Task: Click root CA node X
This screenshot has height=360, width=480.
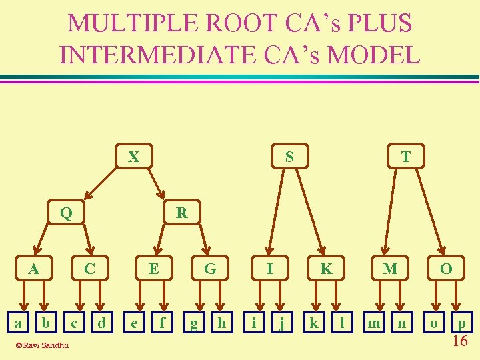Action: [134, 157]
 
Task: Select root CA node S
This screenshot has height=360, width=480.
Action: [289, 157]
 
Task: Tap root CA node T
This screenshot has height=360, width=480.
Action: [405, 157]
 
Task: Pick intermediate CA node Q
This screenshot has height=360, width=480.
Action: [66, 213]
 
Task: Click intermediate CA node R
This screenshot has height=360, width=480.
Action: [181, 213]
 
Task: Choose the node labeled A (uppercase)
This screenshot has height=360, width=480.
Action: [33, 269]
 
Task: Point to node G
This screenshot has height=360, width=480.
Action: [210, 269]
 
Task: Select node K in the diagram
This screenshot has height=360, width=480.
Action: [326, 269]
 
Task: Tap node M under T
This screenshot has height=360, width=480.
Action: [390, 269]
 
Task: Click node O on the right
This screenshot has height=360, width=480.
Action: [446, 269]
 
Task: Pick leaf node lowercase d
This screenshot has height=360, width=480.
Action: [101, 323]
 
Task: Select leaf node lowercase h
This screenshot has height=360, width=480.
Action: [222, 323]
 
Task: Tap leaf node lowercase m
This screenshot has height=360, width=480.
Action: [375, 323]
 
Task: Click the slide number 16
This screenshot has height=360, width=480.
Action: [459, 341]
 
